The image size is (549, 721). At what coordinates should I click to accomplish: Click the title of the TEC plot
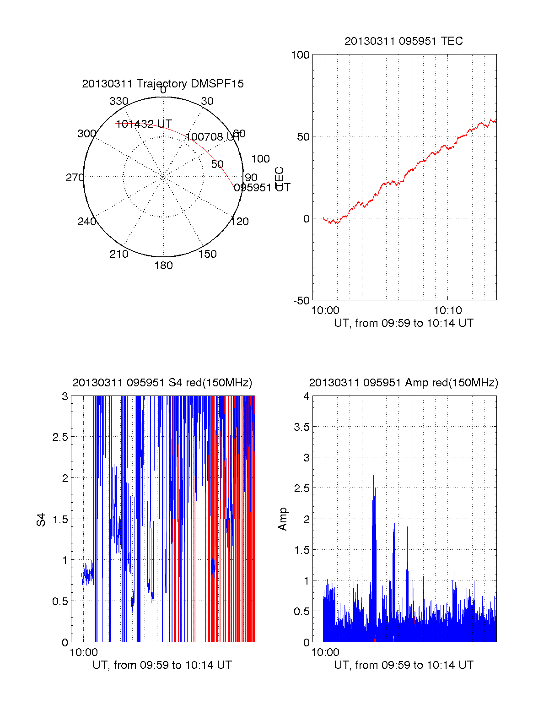tap(404, 41)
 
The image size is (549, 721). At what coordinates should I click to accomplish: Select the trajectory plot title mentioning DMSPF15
tap(163, 84)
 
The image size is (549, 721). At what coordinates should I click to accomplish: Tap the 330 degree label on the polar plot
tap(119, 101)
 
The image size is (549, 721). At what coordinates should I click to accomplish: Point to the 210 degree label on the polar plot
tap(119, 254)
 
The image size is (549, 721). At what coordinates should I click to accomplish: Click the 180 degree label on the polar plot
tap(163, 266)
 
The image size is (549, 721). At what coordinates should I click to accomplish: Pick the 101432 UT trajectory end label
tap(144, 124)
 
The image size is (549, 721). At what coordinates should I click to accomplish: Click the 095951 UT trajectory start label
tap(262, 188)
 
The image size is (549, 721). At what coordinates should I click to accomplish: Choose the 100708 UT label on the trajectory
tap(212, 137)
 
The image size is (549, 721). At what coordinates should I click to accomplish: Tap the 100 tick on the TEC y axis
tap(301, 55)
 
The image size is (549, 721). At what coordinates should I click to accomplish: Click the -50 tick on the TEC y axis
tap(301, 301)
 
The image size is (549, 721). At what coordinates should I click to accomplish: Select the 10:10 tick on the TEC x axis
tap(447, 310)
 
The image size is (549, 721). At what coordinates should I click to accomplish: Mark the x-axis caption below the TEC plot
tap(404, 323)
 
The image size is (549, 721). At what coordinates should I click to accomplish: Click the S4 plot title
tap(162, 383)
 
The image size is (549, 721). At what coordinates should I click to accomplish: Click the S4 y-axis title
tap(41, 520)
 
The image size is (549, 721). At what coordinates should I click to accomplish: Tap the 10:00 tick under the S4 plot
tap(83, 652)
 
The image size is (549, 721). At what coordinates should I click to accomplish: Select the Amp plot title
tap(404, 383)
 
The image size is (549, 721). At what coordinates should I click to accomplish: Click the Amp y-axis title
tap(283, 519)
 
